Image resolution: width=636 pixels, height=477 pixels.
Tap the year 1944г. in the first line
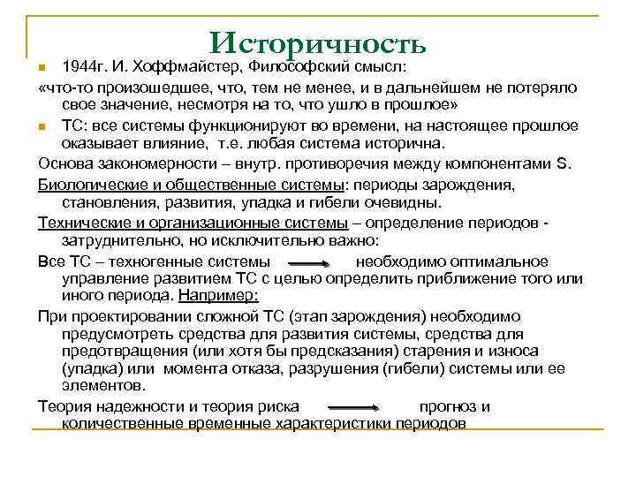[86, 68]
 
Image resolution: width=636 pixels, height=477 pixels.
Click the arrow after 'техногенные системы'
[310, 262]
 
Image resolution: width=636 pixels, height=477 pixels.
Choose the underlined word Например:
[218, 296]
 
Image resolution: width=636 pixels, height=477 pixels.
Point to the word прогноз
[447, 406]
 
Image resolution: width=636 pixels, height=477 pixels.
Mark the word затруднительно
[116, 241]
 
